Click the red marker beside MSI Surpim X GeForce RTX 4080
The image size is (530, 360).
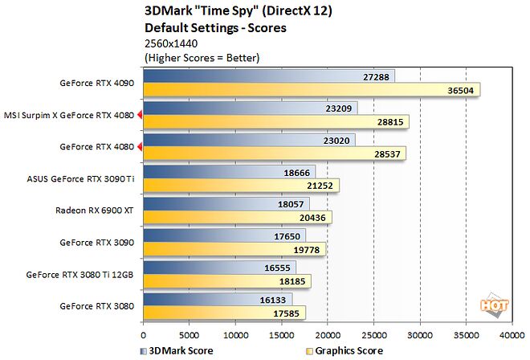(140, 115)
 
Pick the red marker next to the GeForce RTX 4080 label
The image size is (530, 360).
(140, 146)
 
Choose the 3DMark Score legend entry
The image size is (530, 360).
(174, 350)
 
